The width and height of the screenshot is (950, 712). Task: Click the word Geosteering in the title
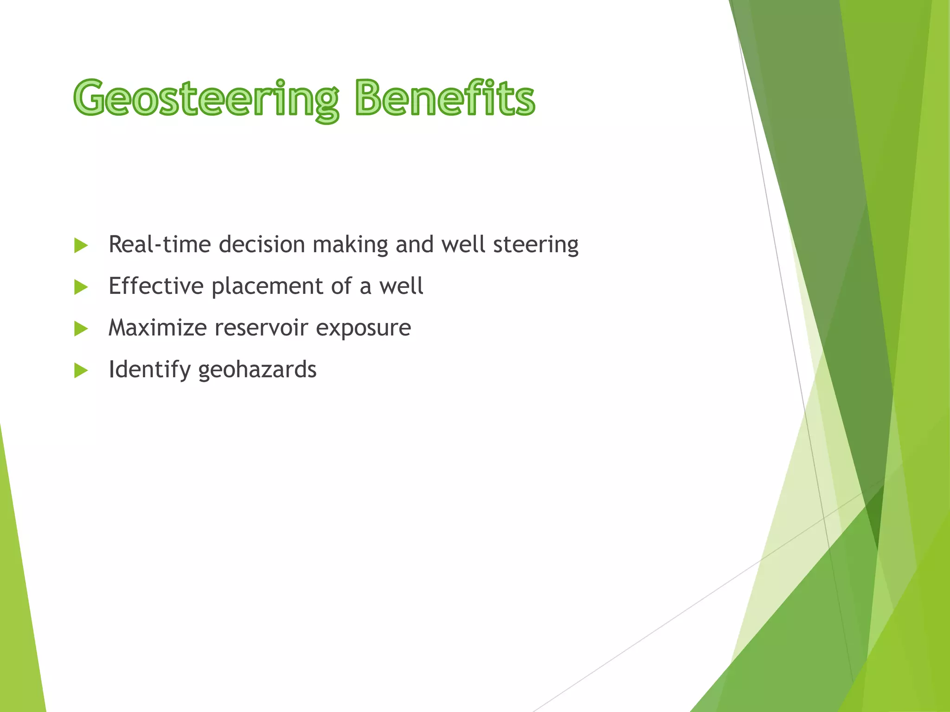click(x=206, y=98)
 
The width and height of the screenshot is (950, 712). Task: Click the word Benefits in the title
click(x=445, y=98)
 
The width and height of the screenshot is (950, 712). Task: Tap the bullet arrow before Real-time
click(x=81, y=246)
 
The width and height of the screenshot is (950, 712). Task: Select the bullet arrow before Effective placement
click(x=81, y=287)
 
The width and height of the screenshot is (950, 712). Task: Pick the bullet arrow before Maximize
click(x=81, y=329)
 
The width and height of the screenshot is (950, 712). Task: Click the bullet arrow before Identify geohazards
click(x=81, y=371)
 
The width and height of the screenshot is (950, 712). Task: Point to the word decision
click(x=262, y=245)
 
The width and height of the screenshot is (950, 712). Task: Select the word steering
click(x=536, y=245)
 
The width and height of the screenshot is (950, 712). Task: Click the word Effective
click(x=156, y=286)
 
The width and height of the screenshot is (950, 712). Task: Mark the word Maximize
click(x=157, y=328)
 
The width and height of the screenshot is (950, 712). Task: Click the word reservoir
click(x=261, y=328)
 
